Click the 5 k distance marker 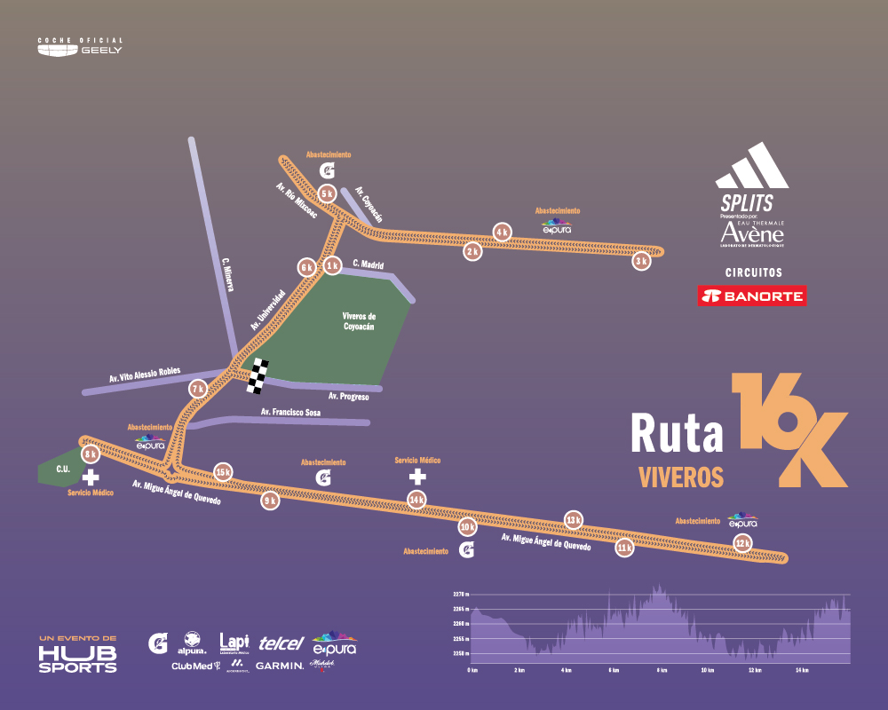tap(327, 193)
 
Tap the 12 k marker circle tap(742, 542)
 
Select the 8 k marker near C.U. tap(91, 454)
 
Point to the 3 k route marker tap(641, 261)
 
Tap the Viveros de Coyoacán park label tap(359, 321)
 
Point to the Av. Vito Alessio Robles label tap(145, 375)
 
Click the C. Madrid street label tap(368, 264)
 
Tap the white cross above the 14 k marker tap(416, 477)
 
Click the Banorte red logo tap(752, 296)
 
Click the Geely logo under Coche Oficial tap(80, 50)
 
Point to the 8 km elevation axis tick tap(660, 670)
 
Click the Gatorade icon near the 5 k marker tap(328, 170)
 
